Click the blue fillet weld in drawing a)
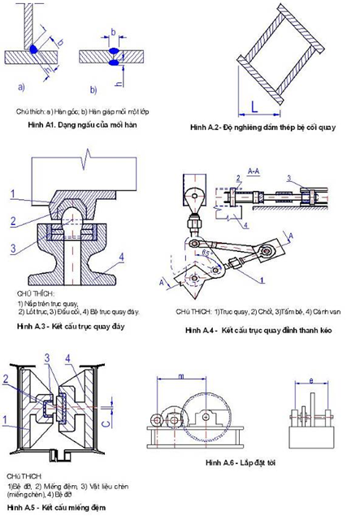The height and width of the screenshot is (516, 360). pos(34,50)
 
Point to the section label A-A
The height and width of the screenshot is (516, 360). pos(253,171)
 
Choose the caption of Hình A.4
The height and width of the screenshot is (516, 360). pos(259,331)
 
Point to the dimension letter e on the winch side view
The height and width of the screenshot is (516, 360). pos(310,379)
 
